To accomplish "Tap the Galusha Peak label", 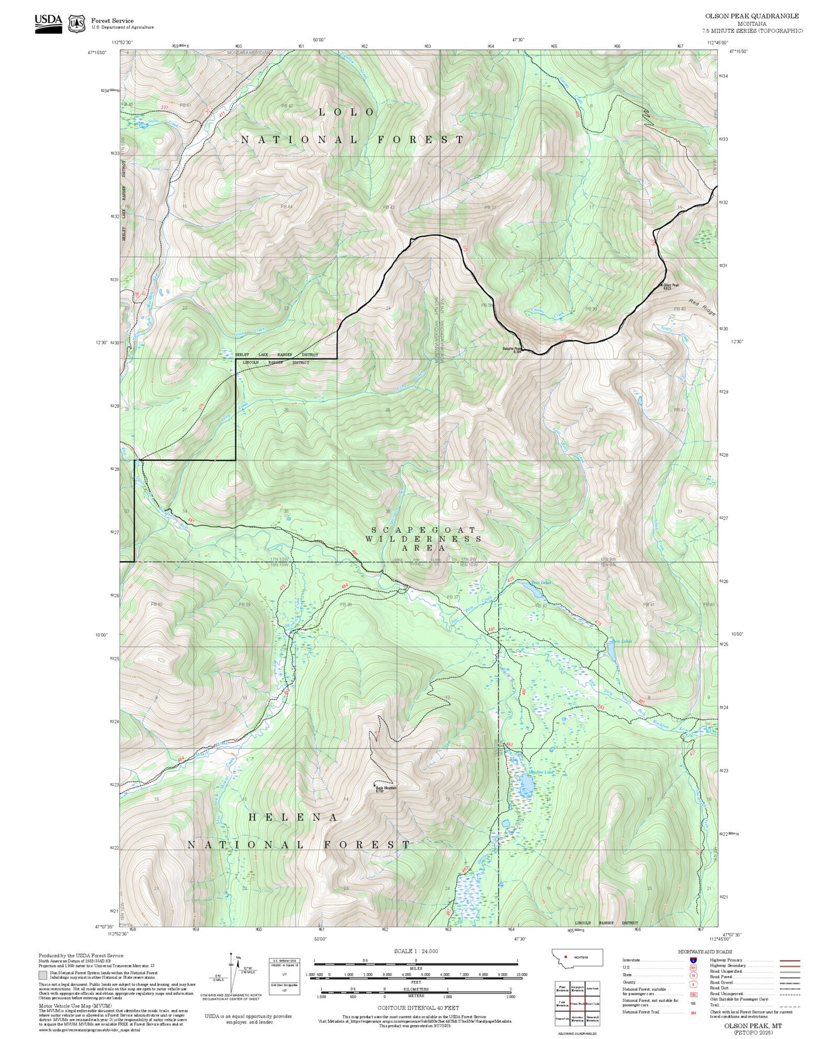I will point(511,349).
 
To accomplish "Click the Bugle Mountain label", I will point(386,788).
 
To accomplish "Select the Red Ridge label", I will point(702,307).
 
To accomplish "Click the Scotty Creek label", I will point(675,332).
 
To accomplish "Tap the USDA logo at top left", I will point(48,23).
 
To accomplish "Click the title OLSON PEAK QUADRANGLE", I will point(752,16).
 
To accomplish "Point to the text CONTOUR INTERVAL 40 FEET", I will point(418,1008).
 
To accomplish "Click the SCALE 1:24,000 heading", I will point(416,951).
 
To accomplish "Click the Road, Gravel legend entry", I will point(721,982).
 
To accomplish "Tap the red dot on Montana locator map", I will point(565,956).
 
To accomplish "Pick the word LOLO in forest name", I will point(347,112).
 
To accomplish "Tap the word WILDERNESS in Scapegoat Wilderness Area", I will point(423,539).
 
